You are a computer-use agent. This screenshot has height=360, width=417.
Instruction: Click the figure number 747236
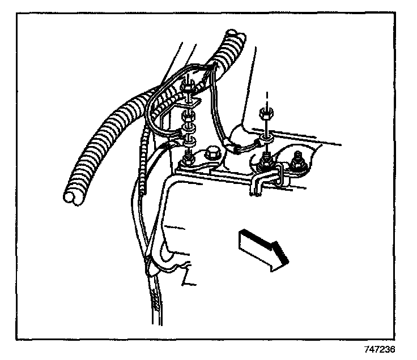click(x=380, y=349)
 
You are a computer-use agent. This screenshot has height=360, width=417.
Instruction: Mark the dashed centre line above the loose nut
click(x=263, y=96)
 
